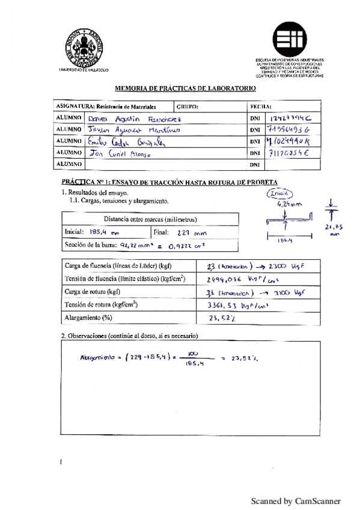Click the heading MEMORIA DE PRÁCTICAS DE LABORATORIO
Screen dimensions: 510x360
pos(185,88)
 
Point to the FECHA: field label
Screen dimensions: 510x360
pos(260,106)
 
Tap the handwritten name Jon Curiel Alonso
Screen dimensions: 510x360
pos(119,153)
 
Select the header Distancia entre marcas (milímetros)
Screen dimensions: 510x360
pos(151,220)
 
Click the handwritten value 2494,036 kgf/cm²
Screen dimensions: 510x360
pos(237,278)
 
